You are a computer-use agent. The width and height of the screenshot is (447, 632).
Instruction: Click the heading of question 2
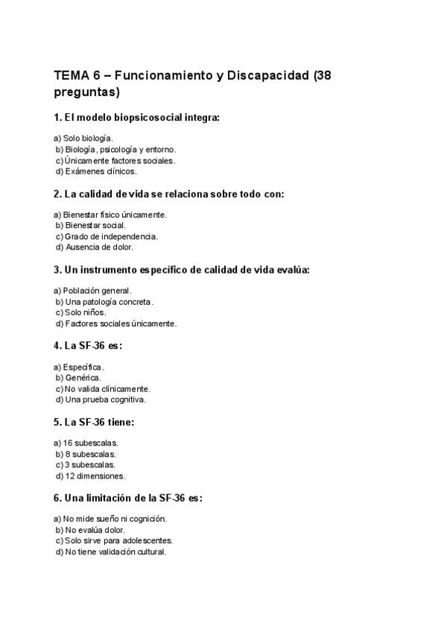[x=169, y=194]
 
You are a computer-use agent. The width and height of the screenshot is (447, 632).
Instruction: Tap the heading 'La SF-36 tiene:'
[x=94, y=422]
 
